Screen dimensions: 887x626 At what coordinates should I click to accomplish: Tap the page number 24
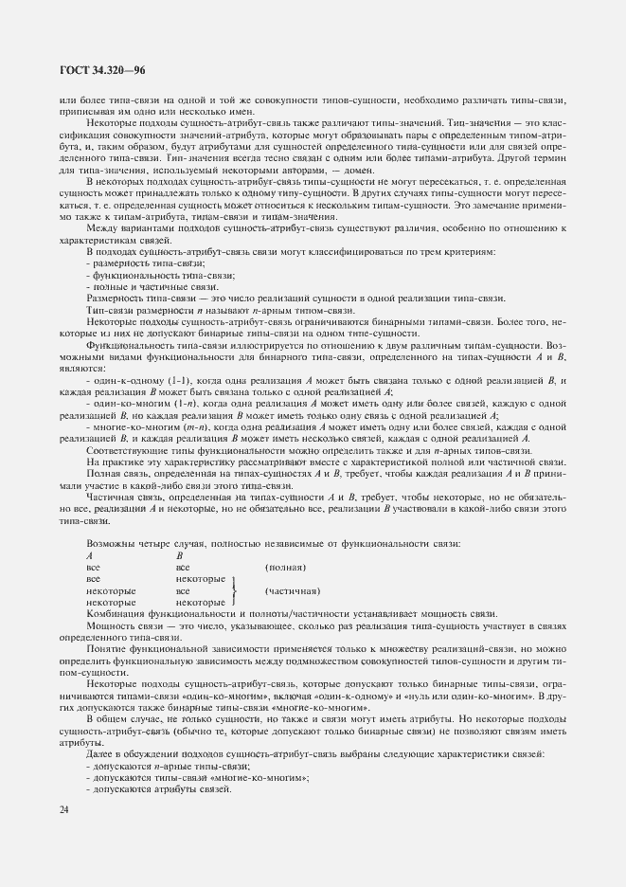[63, 808]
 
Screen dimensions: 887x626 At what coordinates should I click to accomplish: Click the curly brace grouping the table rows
[231, 590]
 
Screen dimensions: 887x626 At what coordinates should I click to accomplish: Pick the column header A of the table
[89, 555]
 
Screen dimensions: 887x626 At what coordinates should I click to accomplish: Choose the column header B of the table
[179, 555]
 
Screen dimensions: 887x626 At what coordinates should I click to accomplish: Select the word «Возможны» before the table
[108, 544]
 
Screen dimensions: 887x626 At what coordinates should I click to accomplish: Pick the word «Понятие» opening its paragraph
[106, 649]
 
